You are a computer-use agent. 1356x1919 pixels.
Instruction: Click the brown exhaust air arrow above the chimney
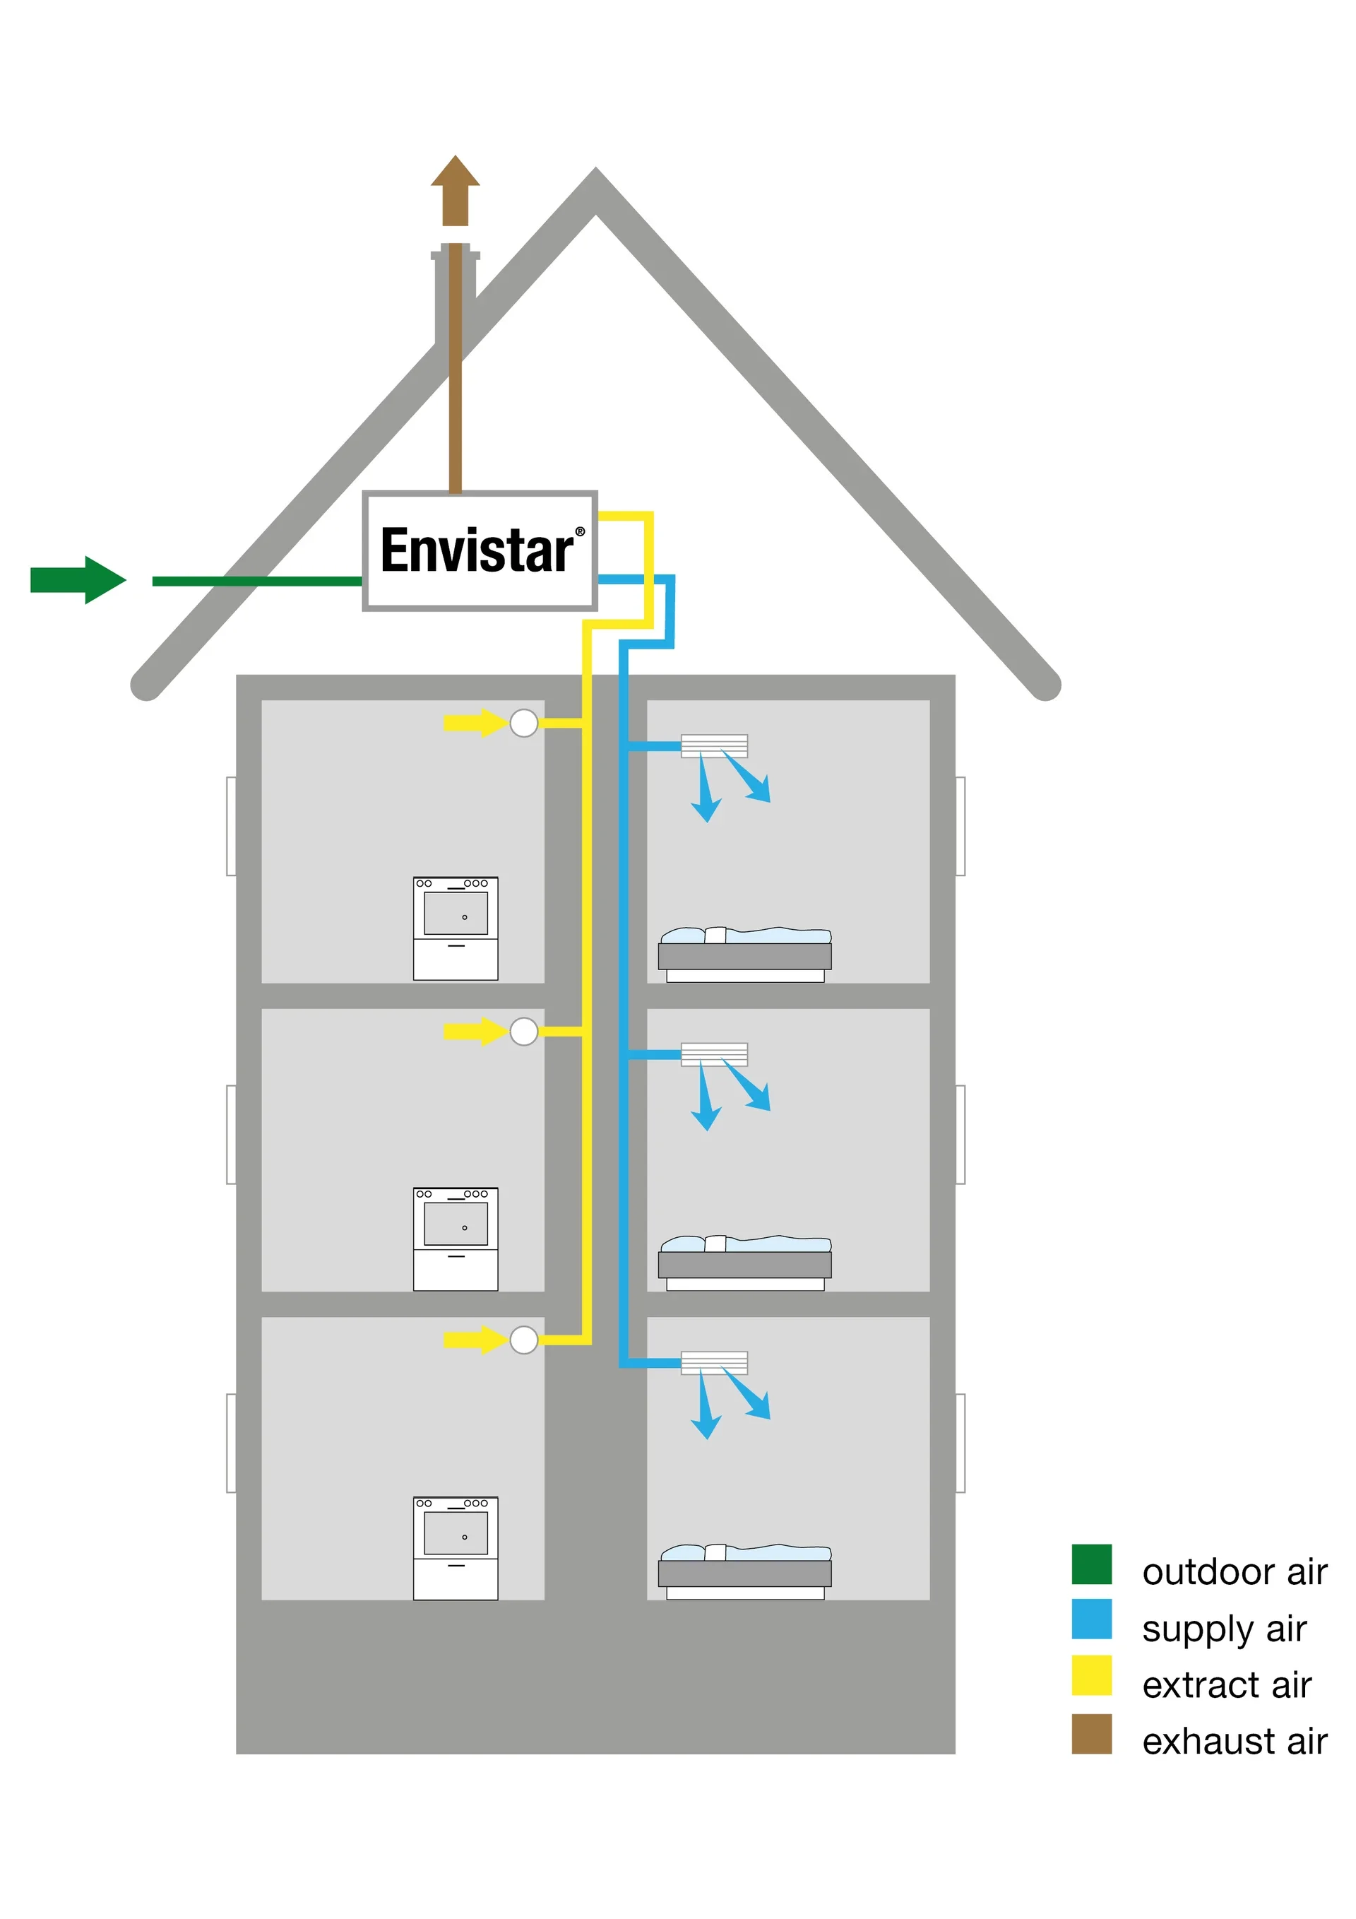tap(455, 191)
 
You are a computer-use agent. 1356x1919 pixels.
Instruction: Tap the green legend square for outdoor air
tap(1091, 1564)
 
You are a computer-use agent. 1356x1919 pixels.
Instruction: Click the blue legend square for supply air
tap(1091, 1619)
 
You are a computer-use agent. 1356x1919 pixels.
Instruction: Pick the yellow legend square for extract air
tap(1091, 1675)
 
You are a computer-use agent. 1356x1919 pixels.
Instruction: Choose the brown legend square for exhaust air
tap(1091, 1733)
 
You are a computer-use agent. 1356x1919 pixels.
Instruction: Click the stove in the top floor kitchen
tap(456, 928)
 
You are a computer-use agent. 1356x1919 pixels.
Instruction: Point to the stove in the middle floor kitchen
tap(456, 1239)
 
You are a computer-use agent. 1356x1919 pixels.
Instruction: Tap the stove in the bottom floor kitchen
tap(456, 1548)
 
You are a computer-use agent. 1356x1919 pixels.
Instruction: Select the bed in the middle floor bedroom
tap(744, 1262)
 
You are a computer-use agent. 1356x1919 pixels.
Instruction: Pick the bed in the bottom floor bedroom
tap(744, 1571)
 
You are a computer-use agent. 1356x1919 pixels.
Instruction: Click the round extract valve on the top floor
tap(524, 723)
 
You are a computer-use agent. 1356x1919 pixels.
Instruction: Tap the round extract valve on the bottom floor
tap(524, 1340)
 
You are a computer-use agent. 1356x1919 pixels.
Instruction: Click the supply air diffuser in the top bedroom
tap(713, 745)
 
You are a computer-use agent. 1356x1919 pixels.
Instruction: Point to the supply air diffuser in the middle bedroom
tap(713, 1054)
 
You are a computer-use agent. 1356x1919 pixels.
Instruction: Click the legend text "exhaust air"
tap(1234, 1742)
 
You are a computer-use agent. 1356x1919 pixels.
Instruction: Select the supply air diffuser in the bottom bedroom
tap(713, 1362)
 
